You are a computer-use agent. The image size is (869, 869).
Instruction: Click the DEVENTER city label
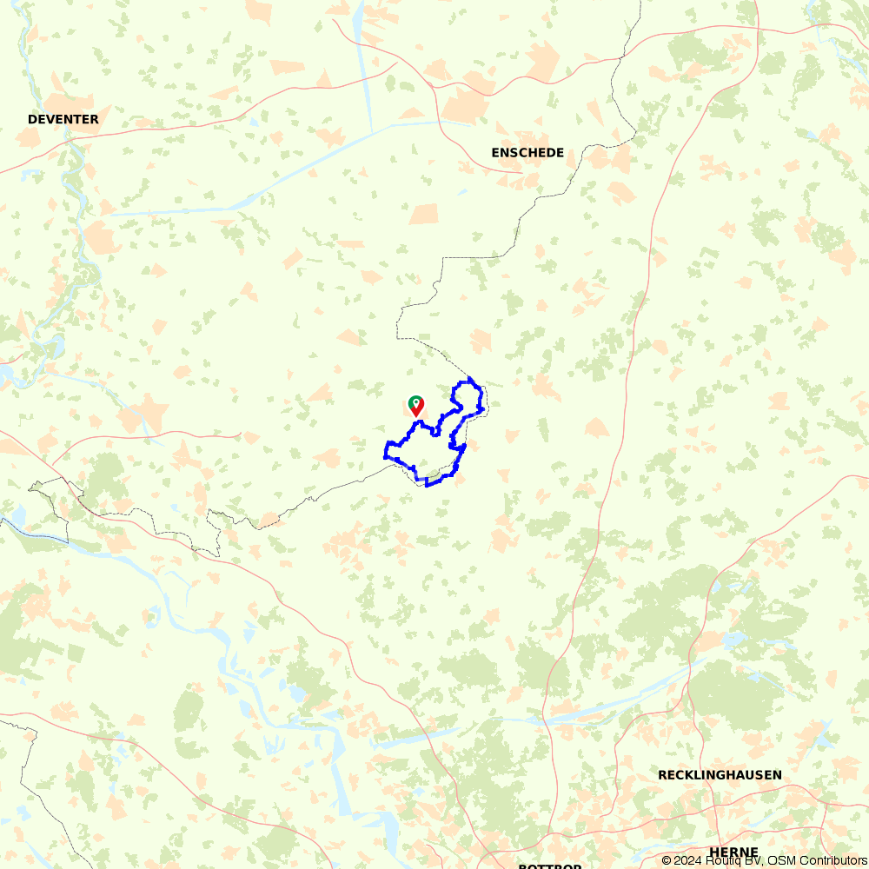point(63,119)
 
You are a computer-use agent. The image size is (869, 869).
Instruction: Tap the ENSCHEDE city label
point(527,153)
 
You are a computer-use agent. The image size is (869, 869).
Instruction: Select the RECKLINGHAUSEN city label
point(720,774)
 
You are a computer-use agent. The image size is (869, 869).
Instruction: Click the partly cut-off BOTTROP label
point(550,866)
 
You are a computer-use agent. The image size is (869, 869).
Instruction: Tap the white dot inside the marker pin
point(416,402)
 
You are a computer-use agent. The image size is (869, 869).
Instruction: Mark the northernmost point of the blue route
point(469,378)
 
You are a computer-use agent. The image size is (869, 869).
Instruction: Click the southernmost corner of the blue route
point(427,485)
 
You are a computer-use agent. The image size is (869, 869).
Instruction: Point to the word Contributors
point(833,860)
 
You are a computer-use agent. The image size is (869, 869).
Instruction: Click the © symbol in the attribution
point(667,860)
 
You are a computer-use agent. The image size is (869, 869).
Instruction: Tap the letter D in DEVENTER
point(32,119)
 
